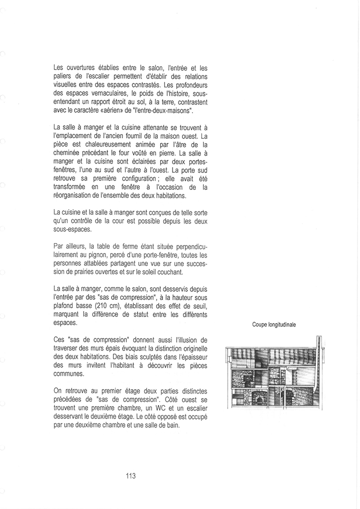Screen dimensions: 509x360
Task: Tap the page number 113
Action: (131, 476)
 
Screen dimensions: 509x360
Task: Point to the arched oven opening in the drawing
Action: (259, 398)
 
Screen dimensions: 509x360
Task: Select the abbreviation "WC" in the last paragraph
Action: (149, 409)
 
